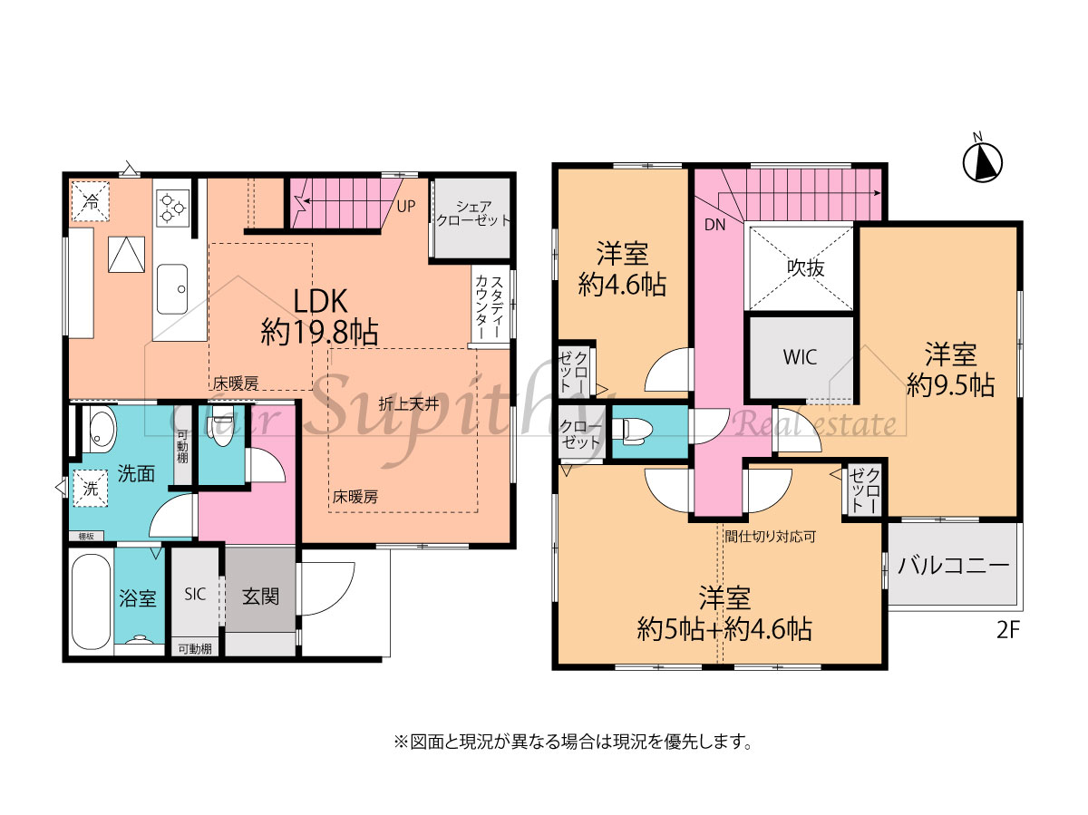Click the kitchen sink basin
(x=172, y=289)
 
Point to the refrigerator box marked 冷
(x=90, y=201)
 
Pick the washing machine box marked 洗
(x=90, y=489)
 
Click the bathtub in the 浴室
(x=90, y=601)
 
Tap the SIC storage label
(x=195, y=594)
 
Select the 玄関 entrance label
(x=260, y=596)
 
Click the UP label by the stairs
(x=406, y=206)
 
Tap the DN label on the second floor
(x=714, y=225)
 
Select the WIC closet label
(x=800, y=356)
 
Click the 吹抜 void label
(x=805, y=267)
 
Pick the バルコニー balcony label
(x=953, y=566)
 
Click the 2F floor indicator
(x=1007, y=630)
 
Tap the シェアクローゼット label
(x=473, y=213)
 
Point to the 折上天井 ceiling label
(x=409, y=404)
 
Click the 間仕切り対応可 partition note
(x=771, y=536)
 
